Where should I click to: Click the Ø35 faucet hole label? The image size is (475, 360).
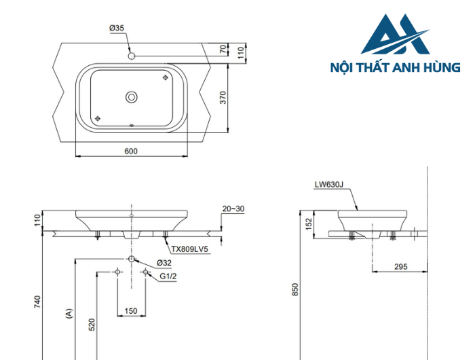tap(117, 28)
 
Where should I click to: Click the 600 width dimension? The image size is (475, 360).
tap(132, 151)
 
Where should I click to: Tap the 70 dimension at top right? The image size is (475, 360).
tap(222, 49)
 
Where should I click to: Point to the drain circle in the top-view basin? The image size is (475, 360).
tap(131, 97)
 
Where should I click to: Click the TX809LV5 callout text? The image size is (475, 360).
tap(189, 249)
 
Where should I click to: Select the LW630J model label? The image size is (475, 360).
tap(329, 184)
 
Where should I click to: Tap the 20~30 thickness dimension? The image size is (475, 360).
tap(233, 209)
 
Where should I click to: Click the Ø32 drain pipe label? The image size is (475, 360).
tap(164, 262)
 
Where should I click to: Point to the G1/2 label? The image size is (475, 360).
tap(168, 276)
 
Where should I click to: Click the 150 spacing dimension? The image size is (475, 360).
tap(131, 310)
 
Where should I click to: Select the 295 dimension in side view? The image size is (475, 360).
tap(400, 267)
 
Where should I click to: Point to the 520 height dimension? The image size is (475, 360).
tap(90, 325)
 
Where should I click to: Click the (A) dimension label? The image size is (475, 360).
tap(68, 313)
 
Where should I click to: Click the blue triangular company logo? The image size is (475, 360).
tap(396, 35)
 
